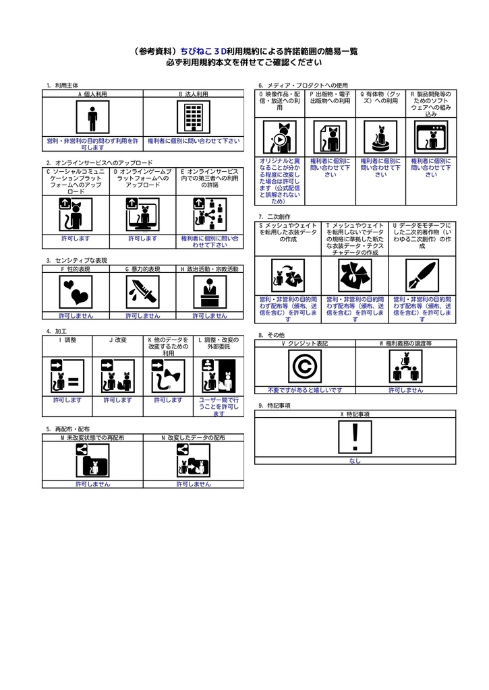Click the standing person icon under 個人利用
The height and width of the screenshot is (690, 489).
click(x=92, y=119)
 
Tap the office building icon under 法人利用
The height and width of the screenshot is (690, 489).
click(x=194, y=119)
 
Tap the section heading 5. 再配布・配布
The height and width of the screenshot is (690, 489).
click(x=67, y=429)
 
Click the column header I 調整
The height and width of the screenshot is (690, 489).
click(x=67, y=340)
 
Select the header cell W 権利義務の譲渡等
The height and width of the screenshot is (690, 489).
click(x=405, y=344)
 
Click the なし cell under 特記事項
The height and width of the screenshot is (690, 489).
click(x=355, y=462)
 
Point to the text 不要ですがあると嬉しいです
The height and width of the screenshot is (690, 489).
click(x=304, y=390)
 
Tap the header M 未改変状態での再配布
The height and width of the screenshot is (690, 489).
click(x=92, y=438)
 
